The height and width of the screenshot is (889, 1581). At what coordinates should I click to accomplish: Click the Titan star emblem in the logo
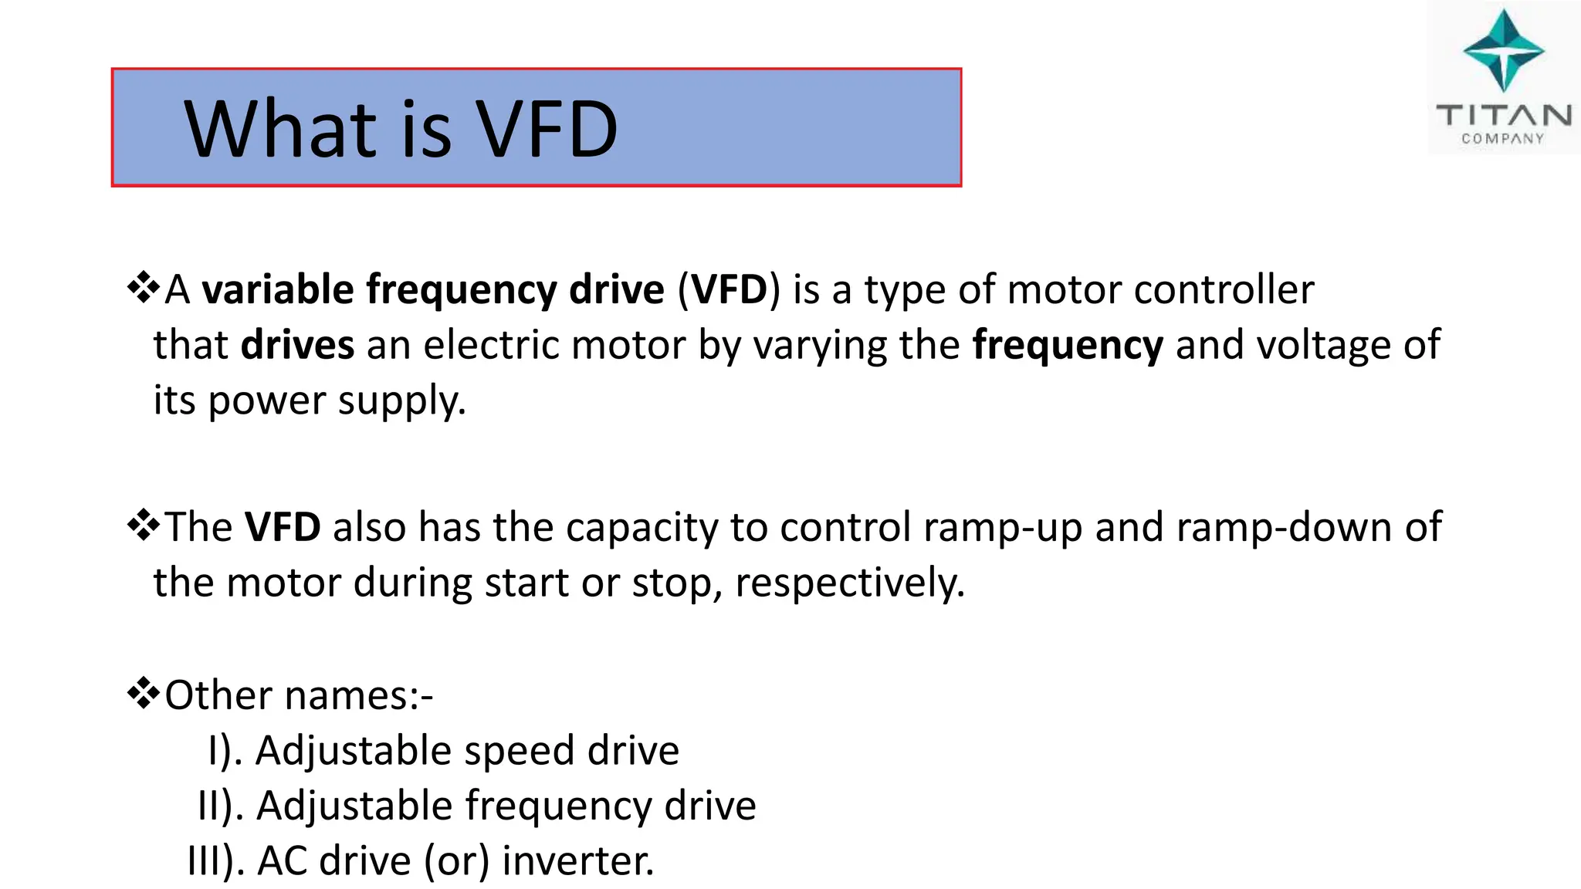pos(1503,51)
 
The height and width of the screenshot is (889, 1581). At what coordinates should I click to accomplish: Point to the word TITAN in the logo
pos(1503,116)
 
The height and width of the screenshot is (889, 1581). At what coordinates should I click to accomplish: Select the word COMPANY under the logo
pos(1502,139)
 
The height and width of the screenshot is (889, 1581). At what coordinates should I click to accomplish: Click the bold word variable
pos(278,289)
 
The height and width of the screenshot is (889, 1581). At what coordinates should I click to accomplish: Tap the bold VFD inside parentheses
pos(729,289)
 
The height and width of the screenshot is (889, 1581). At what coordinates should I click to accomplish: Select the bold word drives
pos(297,344)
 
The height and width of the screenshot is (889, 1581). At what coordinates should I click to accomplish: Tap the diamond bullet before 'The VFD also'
pos(144,526)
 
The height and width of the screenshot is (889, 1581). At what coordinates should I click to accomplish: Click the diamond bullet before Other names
pos(144,694)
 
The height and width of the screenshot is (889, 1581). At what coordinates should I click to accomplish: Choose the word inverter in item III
pos(577,861)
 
